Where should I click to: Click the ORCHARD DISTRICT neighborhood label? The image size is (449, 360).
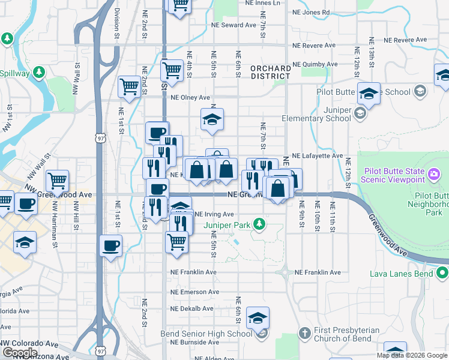[x=271, y=72]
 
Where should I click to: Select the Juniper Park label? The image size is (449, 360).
[x=228, y=225]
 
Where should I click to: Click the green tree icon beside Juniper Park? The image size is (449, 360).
[x=259, y=225]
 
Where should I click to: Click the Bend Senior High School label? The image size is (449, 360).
[x=206, y=334]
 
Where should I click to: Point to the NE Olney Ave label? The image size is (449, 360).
[x=190, y=97]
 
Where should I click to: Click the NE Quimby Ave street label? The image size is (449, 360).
[x=315, y=64]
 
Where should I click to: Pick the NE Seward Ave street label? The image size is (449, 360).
[x=234, y=25]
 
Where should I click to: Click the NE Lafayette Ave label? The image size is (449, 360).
[x=318, y=155]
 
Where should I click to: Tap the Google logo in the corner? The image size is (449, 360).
[x=20, y=353]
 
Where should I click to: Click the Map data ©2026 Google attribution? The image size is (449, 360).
[x=412, y=355]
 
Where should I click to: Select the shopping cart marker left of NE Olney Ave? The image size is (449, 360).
[x=129, y=87]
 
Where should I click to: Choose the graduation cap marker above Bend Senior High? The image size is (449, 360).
[x=258, y=318]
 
